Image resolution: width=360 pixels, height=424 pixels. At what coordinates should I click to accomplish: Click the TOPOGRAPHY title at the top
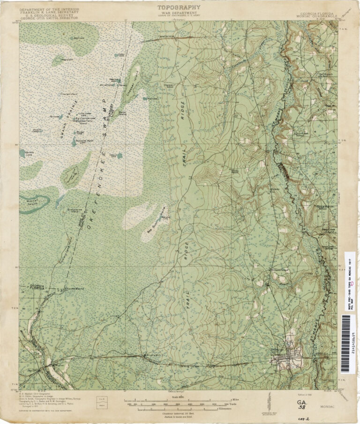179,7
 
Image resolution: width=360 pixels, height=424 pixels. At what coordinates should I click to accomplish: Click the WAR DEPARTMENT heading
179,14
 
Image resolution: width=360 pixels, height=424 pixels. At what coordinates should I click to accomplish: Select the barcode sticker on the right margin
346,337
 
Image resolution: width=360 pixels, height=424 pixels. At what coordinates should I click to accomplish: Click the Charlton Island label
69,95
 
